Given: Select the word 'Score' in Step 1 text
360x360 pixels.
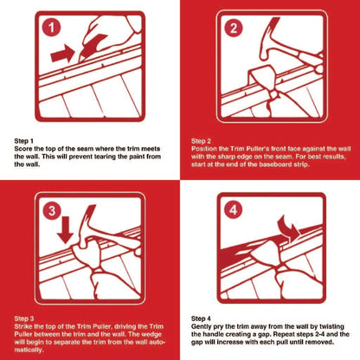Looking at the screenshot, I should (x=25, y=146).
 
